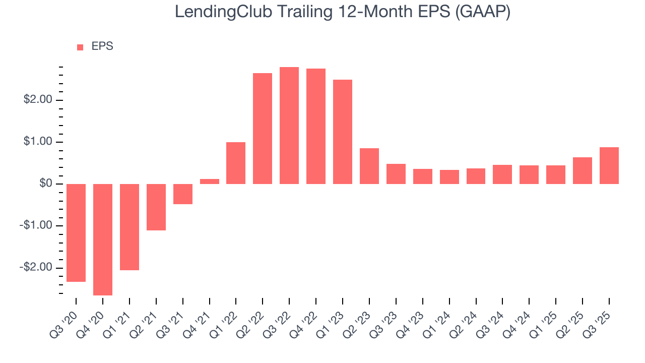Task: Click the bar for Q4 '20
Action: point(103,239)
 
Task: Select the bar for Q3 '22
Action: point(289,126)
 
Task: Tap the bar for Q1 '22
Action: point(236,163)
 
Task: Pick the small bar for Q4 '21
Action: point(209,181)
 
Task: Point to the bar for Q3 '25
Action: point(609,165)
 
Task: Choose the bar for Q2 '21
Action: point(156,207)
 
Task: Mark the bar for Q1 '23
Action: point(343,132)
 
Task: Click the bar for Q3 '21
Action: point(183,194)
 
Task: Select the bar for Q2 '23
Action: point(369,166)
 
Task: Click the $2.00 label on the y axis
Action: point(38,100)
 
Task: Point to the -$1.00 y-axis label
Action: point(37,225)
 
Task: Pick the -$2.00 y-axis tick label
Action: point(37,267)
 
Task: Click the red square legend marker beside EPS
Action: point(80,47)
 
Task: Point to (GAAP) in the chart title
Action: point(482,12)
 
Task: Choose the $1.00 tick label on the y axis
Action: point(38,142)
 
